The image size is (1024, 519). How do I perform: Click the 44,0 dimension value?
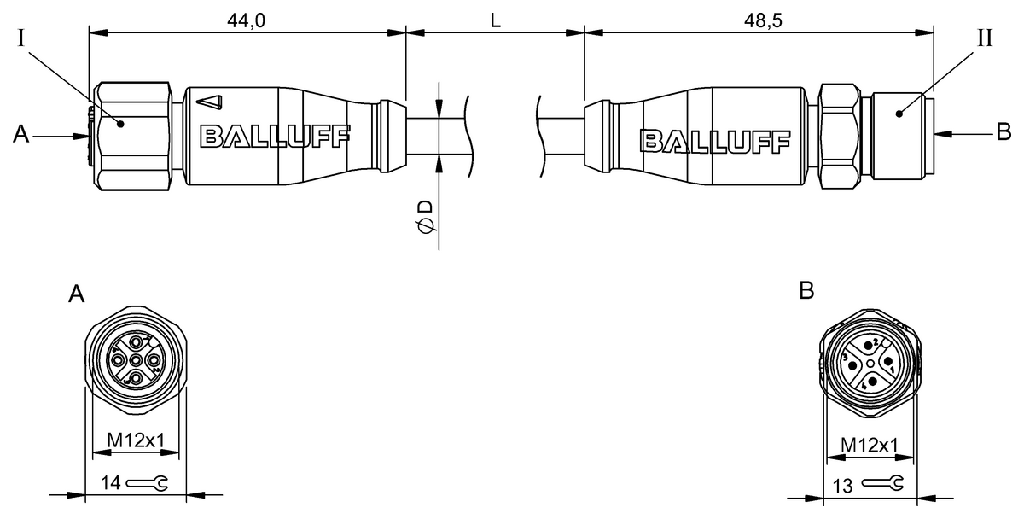point(247,21)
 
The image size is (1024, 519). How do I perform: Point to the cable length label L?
point(495,21)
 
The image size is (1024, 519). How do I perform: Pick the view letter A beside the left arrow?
point(22,134)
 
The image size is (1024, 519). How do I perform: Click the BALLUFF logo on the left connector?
point(274,136)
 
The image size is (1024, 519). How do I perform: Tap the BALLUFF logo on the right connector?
point(715,139)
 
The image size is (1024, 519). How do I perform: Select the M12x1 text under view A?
point(136,441)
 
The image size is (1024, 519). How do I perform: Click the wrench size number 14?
point(110,483)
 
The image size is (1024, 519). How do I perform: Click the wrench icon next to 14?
point(147,484)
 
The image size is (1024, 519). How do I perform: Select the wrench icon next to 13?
point(881,485)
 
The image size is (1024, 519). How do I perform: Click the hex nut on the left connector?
point(135,137)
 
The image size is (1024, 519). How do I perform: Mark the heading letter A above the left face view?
point(77,294)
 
